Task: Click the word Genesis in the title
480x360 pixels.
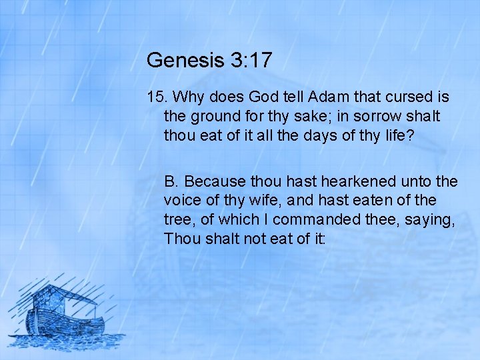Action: coord(176,61)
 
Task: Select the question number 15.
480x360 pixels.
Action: coord(157,97)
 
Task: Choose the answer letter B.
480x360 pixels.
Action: coord(171,181)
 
